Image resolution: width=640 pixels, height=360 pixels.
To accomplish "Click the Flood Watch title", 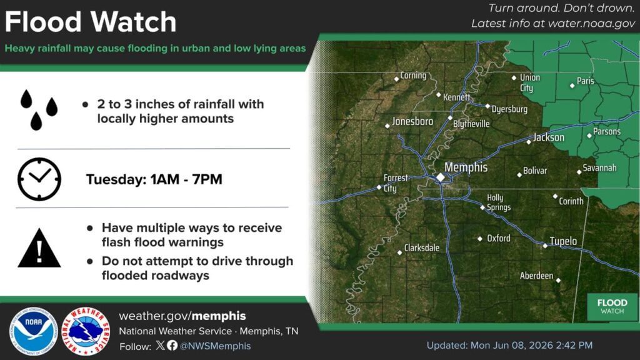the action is (90, 22).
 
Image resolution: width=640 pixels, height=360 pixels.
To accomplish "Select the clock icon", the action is (39, 179).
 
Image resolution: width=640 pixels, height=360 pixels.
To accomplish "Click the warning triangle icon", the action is (39, 248).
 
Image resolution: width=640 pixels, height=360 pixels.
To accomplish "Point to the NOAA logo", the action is (33, 331).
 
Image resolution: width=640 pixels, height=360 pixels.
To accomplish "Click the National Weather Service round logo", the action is (86, 331).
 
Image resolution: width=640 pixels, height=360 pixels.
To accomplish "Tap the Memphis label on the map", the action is (466, 167).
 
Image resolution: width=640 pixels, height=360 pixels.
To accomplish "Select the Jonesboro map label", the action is (412, 121).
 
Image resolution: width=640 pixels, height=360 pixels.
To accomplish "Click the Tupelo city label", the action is (563, 241).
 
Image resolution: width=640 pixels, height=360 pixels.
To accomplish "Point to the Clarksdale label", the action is (422, 247).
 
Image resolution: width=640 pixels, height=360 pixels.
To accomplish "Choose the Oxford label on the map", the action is (498, 238).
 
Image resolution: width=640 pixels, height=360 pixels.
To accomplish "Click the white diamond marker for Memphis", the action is (441, 177).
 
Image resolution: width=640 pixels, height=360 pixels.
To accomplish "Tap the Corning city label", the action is (413, 76).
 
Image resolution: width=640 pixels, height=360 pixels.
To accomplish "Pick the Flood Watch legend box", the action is (612, 306).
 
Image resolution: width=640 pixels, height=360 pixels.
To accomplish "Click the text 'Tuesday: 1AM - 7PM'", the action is (154, 179).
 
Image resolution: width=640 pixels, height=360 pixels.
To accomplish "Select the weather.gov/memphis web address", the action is (182, 316).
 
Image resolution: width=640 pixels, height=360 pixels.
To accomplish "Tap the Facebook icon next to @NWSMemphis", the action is (172, 345).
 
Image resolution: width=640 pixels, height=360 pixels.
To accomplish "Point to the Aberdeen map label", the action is (536, 276).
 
